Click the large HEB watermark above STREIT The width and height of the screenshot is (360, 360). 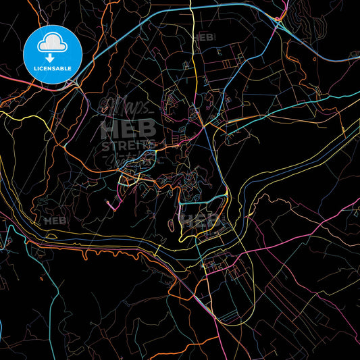[128, 128]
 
